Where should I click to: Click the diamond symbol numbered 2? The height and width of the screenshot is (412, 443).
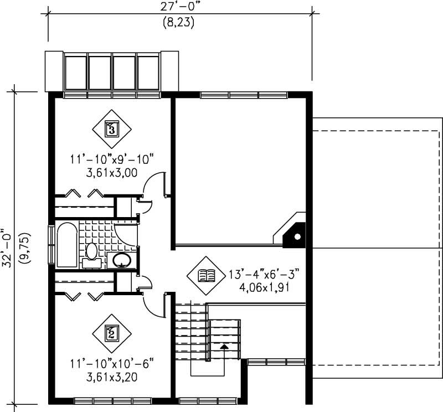[x=111, y=333]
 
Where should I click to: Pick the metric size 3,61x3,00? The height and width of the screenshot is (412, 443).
[x=111, y=172]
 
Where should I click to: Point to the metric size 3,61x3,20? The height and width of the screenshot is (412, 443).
[x=111, y=378]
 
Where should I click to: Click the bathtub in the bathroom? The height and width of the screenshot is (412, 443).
[x=66, y=245]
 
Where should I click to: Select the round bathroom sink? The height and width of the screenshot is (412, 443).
[x=122, y=260]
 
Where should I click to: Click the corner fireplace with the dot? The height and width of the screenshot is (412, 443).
[x=295, y=235]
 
